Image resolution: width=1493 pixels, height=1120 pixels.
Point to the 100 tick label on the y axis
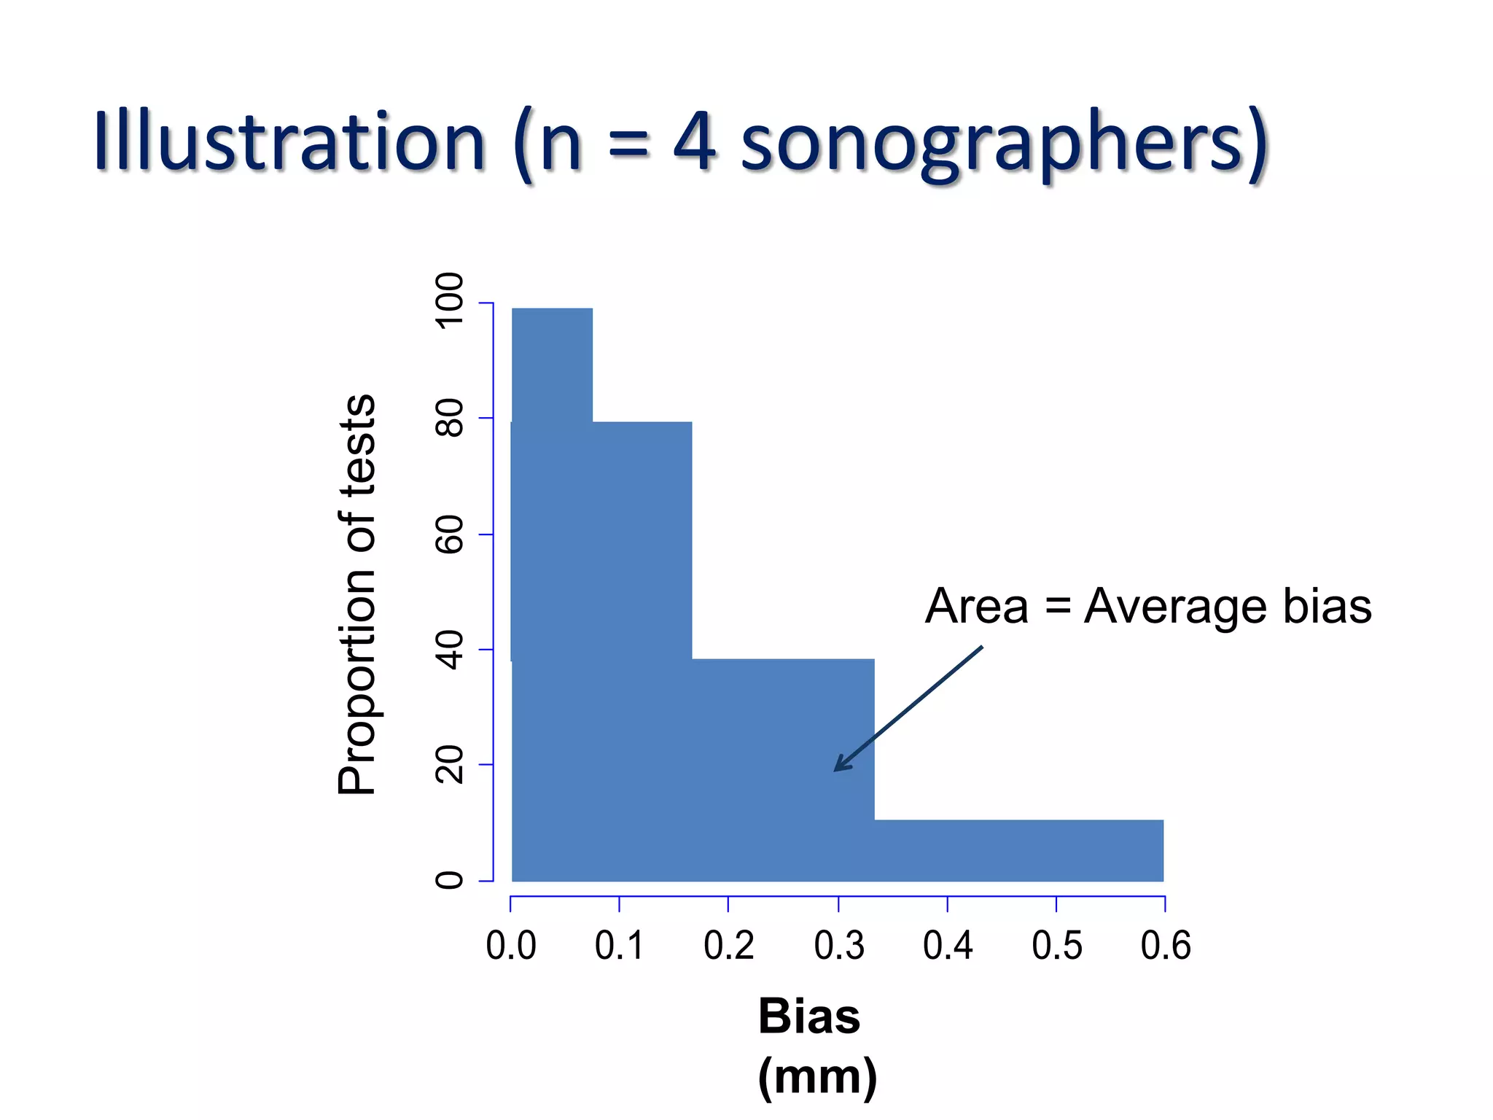(449, 301)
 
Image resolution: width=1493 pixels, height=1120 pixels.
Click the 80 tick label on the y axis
(449, 418)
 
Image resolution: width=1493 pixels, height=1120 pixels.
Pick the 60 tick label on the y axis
(449, 534)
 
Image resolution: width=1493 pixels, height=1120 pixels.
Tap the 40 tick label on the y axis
(449, 650)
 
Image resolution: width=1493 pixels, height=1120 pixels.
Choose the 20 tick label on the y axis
(449, 764)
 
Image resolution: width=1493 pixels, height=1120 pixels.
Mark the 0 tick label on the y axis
(449, 880)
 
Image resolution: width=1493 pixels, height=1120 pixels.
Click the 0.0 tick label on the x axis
(510, 946)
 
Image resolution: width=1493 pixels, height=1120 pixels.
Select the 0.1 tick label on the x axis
(619, 946)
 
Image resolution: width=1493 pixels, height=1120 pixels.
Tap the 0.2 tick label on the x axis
(728, 946)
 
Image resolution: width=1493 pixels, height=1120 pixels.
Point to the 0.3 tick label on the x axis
(838, 946)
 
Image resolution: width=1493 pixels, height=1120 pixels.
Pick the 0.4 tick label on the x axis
(948, 946)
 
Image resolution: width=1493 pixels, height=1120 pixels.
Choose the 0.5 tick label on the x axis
(1056, 946)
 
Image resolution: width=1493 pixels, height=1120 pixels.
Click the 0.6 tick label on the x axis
(1165, 946)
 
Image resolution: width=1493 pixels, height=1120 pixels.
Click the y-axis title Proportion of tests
(357, 594)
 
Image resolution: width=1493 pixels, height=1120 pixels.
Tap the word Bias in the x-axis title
(809, 1016)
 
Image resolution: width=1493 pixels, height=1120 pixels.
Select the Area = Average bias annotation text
(1148, 606)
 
